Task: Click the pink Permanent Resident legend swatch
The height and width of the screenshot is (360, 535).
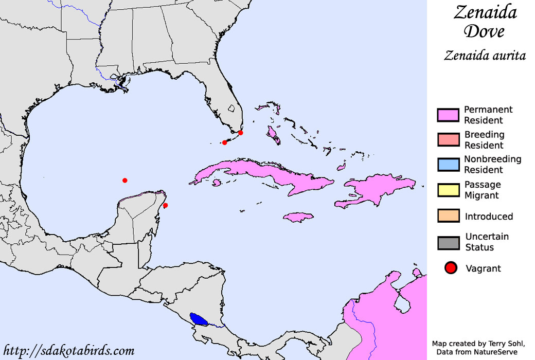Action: pyautogui.click(x=448, y=115)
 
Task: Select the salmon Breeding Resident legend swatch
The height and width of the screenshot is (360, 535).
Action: pyautogui.click(x=448, y=140)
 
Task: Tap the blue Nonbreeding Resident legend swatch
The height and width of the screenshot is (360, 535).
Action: pyautogui.click(x=448, y=165)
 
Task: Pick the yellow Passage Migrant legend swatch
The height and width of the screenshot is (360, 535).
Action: pyautogui.click(x=448, y=190)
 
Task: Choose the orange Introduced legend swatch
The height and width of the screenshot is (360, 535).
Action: pyautogui.click(x=448, y=216)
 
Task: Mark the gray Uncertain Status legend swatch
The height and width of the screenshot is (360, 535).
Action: pyautogui.click(x=448, y=242)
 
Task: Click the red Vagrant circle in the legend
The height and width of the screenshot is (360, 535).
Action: pyautogui.click(x=451, y=268)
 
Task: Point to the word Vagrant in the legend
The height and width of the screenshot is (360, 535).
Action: pyautogui.click(x=483, y=268)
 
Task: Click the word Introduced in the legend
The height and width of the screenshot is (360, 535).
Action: pyautogui.click(x=489, y=217)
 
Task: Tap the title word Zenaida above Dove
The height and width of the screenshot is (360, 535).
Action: pyautogui.click(x=485, y=12)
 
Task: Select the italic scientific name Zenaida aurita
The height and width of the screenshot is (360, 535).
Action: pyautogui.click(x=485, y=56)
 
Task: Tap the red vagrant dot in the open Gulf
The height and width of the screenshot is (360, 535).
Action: pyautogui.click(x=124, y=180)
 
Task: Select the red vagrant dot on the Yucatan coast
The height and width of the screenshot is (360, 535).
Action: pyautogui.click(x=165, y=206)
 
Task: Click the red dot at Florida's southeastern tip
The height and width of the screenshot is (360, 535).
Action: pyautogui.click(x=241, y=133)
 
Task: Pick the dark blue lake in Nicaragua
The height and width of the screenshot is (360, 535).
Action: pyautogui.click(x=199, y=319)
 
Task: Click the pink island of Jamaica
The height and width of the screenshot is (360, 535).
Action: pyautogui.click(x=298, y=217)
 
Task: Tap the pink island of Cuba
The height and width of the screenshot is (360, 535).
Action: pyautogui.click(x=257, y=172)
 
